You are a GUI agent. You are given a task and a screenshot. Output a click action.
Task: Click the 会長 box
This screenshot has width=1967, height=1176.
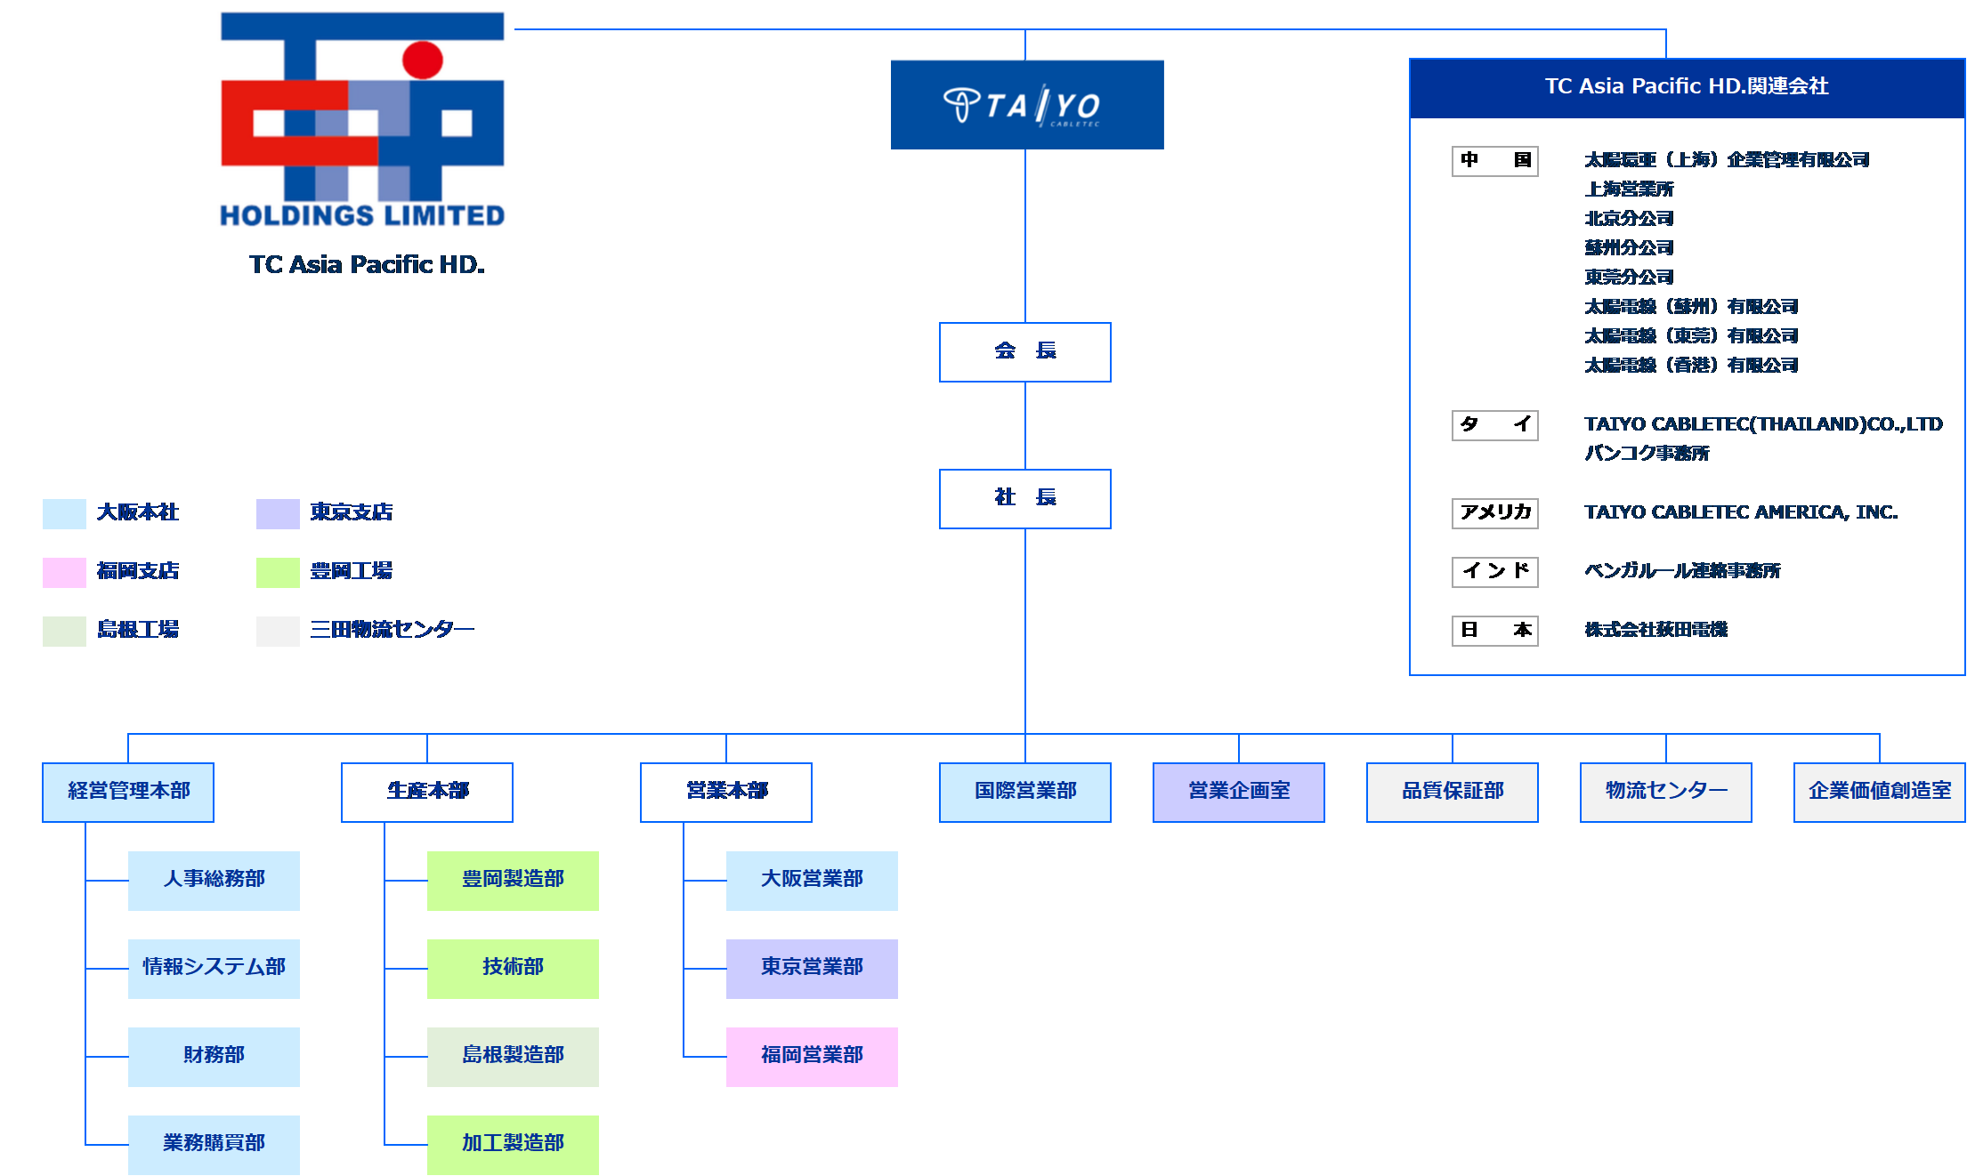click(x=1024, y=351)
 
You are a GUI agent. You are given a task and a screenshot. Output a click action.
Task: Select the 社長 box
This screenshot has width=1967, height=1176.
click(x=1024, y=498)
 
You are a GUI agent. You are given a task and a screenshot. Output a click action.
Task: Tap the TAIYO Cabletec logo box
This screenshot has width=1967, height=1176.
click(x=1026, y=104)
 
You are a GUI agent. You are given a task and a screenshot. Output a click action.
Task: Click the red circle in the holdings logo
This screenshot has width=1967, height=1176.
click(x=422, y=60)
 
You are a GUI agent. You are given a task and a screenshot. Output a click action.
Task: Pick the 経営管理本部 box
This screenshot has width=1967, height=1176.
click(x=128, y=792)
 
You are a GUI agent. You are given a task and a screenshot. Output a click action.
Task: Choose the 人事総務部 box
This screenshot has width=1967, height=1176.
click(x=214, y=880)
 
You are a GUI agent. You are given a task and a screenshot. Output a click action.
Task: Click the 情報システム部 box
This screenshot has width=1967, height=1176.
click(x=214, y=968)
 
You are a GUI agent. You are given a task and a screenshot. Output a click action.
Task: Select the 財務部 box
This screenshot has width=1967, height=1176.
click(x=214, y=1056)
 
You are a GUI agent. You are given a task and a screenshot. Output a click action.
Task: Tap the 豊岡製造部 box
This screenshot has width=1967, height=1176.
click(x=513, y=880)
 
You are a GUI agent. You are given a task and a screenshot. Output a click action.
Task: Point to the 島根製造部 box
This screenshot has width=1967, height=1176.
click(x=513, y=1056)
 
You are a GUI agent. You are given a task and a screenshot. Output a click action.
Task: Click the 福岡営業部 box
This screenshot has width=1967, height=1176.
click(x=812, y=1056)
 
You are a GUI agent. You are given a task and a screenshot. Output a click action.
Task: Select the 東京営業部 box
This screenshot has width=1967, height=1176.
click(x=812, y=968)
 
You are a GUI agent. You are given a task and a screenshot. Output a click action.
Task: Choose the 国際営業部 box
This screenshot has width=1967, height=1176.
click(x=1024, y=792)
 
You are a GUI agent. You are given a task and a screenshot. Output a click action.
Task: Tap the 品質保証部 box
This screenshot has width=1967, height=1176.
click(x=1452, y=792)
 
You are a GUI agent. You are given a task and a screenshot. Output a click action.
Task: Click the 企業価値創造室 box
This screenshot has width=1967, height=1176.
click(x=1879, y=792)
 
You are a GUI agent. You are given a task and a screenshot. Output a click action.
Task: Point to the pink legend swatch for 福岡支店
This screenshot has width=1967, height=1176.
click(x=64, y=572)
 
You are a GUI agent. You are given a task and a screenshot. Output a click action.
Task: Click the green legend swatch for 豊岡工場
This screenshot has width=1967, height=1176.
click(x=278, y=572)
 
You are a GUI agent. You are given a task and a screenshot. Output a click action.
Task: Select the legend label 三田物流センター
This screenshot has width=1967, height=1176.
click(x=392, y=630)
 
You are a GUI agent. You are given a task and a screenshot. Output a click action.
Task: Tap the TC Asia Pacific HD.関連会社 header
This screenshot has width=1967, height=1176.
click(x=1687, y=87)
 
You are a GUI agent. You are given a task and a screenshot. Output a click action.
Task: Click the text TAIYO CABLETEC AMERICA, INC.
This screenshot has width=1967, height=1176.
click(x=1741, y=512)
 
